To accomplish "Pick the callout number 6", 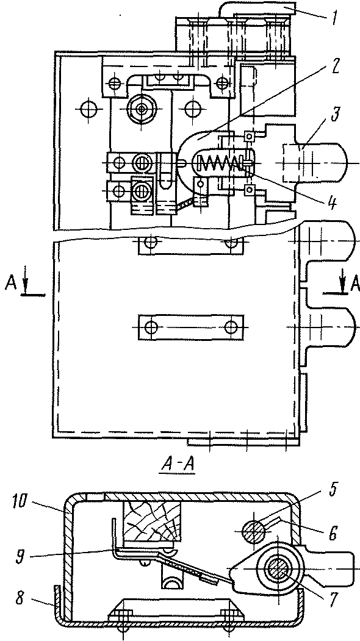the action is (x=333, y=534).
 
